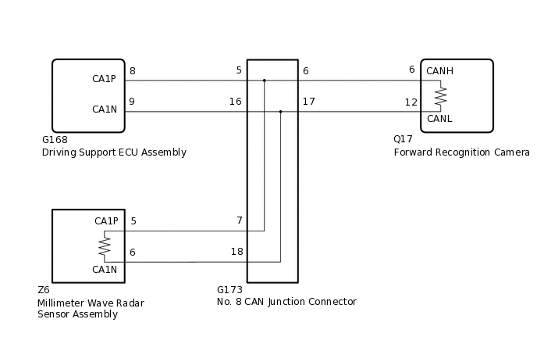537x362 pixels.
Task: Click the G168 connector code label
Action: click(55, 140)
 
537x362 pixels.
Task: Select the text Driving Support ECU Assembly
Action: click(114, 152)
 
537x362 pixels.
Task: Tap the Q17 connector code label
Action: click(403, 139)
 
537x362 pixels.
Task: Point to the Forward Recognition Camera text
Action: click(461, 152)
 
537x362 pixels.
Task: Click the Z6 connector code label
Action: click(44, 290)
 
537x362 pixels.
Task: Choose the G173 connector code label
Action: click(229, 290)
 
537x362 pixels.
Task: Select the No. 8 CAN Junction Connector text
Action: click(286, 302)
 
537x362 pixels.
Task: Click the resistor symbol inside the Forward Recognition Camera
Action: click(441, 95)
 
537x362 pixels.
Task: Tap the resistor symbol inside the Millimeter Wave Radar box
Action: click(104, 246)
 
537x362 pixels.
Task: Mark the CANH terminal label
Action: click(439, 70)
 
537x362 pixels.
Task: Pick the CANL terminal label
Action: click(439, 119)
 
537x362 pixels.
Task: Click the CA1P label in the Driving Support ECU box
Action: click(105, 79)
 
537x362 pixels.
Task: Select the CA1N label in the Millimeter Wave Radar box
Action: click(105, 270)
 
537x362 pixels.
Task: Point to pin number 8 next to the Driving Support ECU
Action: click(132, 71)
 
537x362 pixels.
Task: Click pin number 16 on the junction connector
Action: click(235, 102)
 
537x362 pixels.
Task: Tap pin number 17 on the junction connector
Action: click(308, 102)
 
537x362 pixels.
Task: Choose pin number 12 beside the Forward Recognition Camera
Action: click(411, 102)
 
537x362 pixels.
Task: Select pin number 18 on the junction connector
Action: click(236, 252)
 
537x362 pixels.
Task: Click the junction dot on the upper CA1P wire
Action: click(265, 80)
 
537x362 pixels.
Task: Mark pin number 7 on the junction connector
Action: click(240, 220)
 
